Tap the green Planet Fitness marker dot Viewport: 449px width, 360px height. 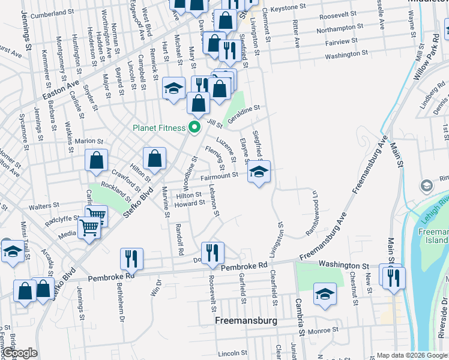click(x=194, y=127)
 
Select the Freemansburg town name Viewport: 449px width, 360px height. click(x=246, y=321)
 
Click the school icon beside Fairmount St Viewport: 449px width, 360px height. click(x=259, y=172)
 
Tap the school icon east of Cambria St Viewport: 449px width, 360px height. click(x=325, y=293)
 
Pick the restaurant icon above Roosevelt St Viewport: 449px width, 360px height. click(x=212, y=253)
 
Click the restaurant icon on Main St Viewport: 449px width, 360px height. click(x=394, y=278)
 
